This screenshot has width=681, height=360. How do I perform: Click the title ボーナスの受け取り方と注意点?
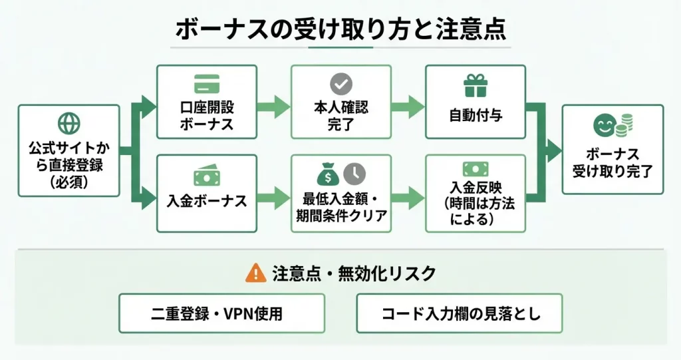(x=340, y=30)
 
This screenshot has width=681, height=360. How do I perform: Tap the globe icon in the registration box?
(x=69, y=123)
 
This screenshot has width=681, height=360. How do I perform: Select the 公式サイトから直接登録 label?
(x=69, y=164)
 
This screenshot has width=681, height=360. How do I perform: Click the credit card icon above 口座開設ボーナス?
(x=206, y=85)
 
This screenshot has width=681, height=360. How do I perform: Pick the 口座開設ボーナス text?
(x=206, y=115)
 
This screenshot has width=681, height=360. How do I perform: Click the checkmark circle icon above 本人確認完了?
(x=341, y=85)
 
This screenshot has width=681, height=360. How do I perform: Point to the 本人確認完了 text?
(x=341, y=115)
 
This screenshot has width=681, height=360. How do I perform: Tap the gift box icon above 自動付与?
(x=476, y=85)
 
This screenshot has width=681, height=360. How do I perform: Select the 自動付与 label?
(x=476, y=115)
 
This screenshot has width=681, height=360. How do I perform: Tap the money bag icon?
(x=328, y=174)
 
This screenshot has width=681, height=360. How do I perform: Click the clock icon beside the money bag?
(x=355, y=174)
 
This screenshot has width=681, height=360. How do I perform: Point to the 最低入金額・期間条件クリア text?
(x=341, y=207)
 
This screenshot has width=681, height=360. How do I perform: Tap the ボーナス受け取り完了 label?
(x=613, y=163)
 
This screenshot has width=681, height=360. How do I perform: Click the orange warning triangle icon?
(x=255, y=272)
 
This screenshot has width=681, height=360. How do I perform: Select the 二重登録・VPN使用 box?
(x=222, y=313)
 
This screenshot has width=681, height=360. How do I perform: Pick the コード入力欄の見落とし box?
(x=460, y=313)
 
